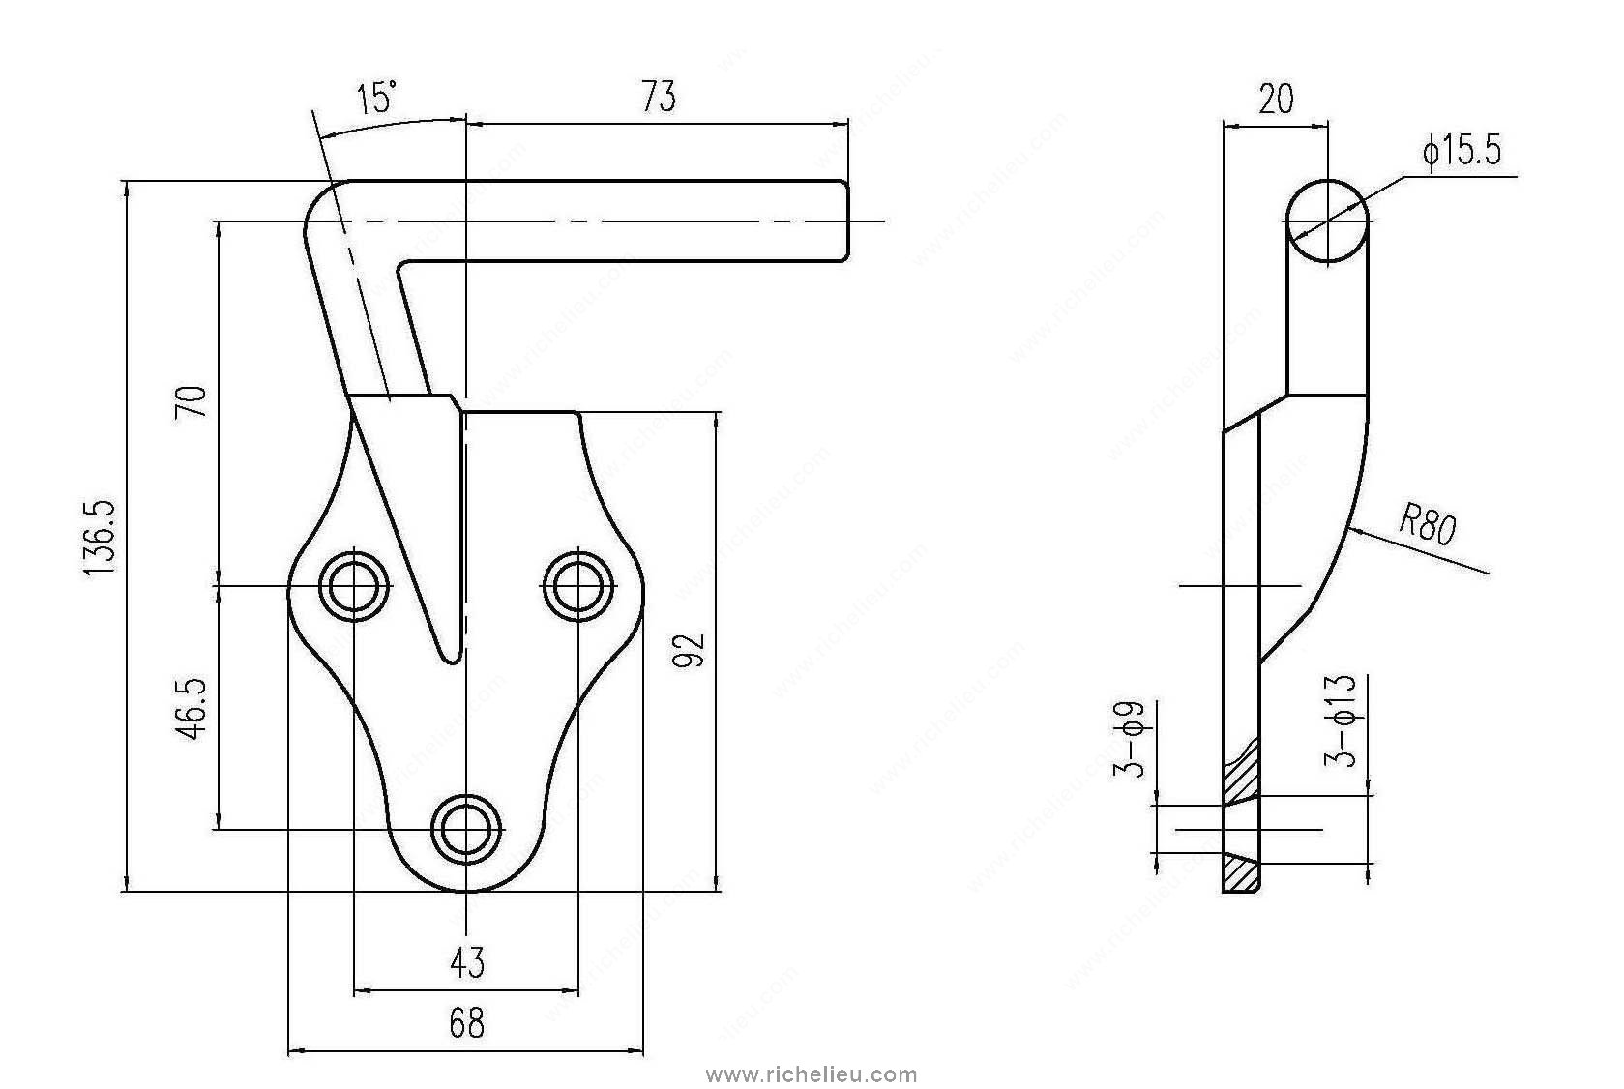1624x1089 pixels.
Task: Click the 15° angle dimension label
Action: tap(377, 99)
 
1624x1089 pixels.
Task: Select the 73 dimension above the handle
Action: tap(658, 98)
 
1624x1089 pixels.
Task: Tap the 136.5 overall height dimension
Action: tap(101, 539)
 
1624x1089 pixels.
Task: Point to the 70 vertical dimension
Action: tap(192, 401)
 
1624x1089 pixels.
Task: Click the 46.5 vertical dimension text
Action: tap(192, 709)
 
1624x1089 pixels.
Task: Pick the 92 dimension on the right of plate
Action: tap(693, 650)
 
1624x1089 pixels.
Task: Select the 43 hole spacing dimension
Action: tap(467, 962)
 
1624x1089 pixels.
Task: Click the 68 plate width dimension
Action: tap(466, 1022)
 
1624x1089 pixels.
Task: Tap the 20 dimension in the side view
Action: tap(1276, 99)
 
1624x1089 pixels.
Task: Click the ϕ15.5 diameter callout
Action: tap(1462, 152)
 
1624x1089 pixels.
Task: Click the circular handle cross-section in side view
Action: tap(1327, 221)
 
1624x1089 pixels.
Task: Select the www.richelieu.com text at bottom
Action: tap(812, 1074)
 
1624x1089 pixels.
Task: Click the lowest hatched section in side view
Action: tap(1240, 873)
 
